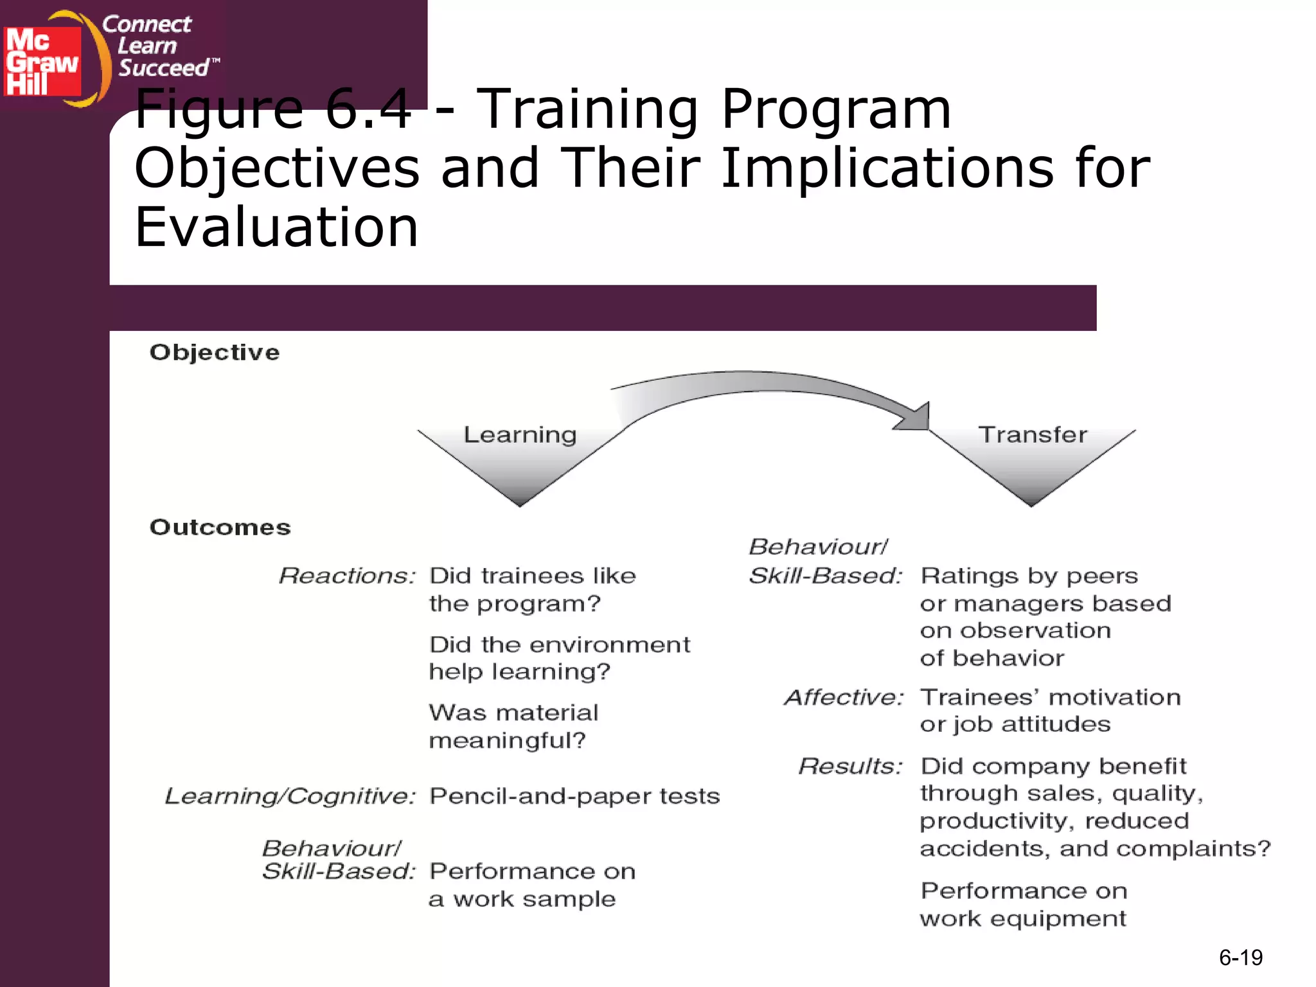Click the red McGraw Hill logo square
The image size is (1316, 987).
click(x=42, y=61)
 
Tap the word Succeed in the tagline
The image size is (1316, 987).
click(x=164, y=68)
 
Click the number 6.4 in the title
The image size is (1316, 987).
click(x=368, y=109)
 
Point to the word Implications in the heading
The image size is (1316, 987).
click(x=887, y=168)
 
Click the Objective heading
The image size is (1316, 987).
click(x=215, y=352)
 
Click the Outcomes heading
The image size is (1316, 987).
click(x=220, y=527)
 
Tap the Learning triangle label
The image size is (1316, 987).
click(x=520, y=435)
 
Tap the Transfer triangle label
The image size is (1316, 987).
click(x=1033, y=435)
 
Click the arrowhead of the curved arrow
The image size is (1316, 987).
click(x=915, y=418)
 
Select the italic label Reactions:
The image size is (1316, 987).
click(x=347, y=576)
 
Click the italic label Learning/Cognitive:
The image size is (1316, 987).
click(x=290, y=796)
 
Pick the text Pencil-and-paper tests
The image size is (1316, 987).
click(x=574, y=796)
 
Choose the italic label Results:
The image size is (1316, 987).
click(x=850, y=766)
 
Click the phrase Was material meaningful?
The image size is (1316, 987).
click(x=513, y=726)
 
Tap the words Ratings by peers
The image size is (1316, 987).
click(x=1029, y=576)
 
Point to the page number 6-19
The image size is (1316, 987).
click(x=1240, y=958)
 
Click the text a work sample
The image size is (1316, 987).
click(x=522, y=899)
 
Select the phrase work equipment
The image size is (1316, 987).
click(x=1022, y=919)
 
